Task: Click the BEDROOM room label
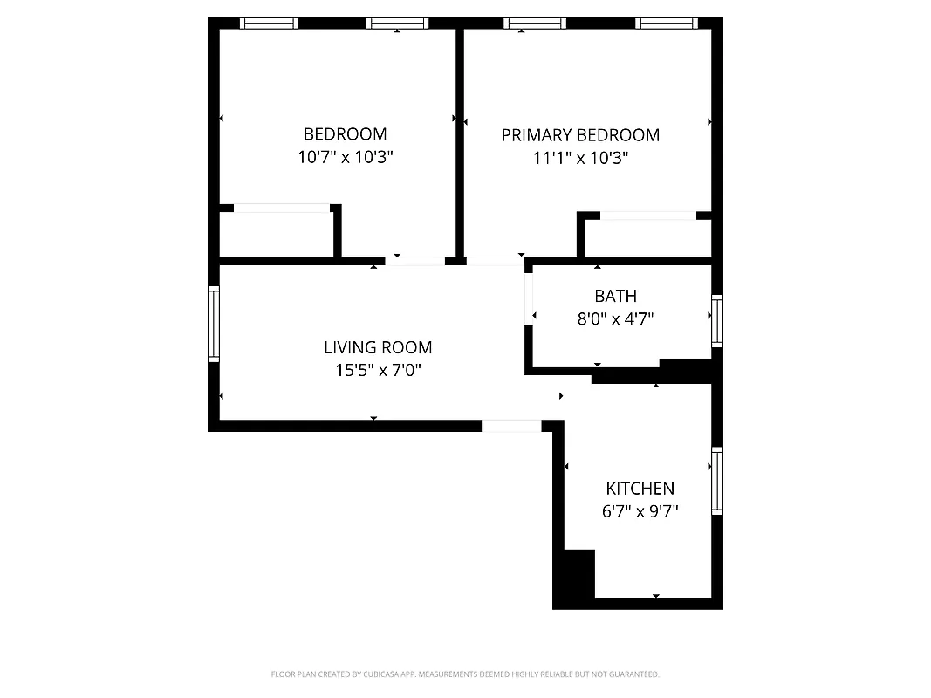click(345, 134)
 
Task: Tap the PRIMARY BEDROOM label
click(580, 135)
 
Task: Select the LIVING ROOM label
click(378, 347)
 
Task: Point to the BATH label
click(615, 297)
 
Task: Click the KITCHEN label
click(640, 489)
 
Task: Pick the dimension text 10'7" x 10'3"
click(345, 158)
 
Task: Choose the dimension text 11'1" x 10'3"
click(580, 159)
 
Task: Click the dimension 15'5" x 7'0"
click(378, 370)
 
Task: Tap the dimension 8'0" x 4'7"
click(615, 319)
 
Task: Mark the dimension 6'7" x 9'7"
click(640, 511)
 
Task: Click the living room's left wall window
click(213, 324)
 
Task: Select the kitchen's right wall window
click(717, 481)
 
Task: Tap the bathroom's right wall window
click(717, 321)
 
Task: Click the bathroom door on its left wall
click(528, 297)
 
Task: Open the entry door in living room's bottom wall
click(511, 426)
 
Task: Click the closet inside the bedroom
click(276, 234)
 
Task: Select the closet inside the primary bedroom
click(647, 237)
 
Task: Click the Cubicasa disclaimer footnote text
click(465, 674)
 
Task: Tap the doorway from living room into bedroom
click(414, 260)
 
